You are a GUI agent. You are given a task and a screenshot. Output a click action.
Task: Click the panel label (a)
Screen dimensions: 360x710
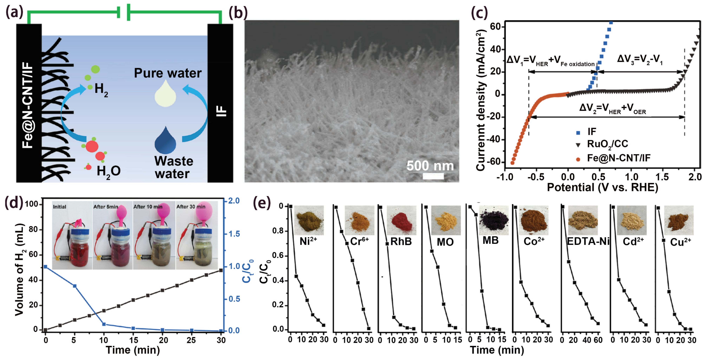coord(14,12)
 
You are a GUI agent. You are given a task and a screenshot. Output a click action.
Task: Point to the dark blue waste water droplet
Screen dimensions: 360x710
coord(165,140)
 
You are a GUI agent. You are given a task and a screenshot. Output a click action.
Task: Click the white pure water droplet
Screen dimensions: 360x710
coord(165,94)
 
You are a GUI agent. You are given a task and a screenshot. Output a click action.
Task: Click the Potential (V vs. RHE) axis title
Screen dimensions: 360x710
coord(602,188)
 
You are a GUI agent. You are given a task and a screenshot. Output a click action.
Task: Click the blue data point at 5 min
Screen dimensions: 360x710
coord(74,286)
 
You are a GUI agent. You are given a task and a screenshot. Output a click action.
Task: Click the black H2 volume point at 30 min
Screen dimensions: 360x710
coord(221,270)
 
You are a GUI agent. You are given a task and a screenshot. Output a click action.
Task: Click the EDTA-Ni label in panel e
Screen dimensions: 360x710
coord(588,242)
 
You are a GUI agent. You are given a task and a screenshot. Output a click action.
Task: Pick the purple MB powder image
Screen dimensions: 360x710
coord(493,220)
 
